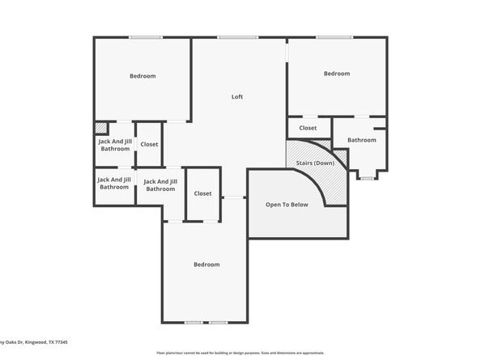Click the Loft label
[x=237, y=97]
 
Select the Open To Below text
[x=287, y=205]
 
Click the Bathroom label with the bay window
[x=362, y=140]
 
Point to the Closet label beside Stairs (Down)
[x=308, y=128]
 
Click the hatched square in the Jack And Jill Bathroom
[x=101, y=128]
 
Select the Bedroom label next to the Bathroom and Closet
[x=337, y=74]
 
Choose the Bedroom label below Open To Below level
[x=206, y=265]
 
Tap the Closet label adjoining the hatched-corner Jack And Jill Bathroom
[x=149, y=144]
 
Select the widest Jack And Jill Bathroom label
[x=160, y=185]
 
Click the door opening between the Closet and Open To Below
[x=234, y=197]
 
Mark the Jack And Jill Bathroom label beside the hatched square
[x=115, y=144]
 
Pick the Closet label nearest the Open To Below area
[x=202, y=193]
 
